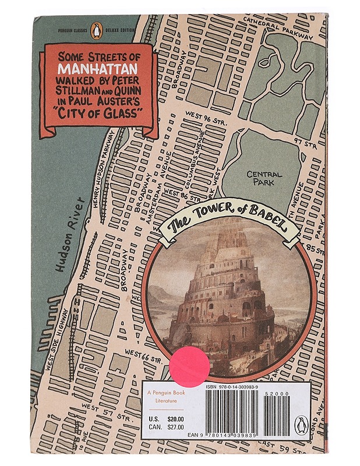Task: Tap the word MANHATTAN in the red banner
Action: click(96, 75)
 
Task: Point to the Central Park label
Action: click(264, 178)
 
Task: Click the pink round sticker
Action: click(189, 366)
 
